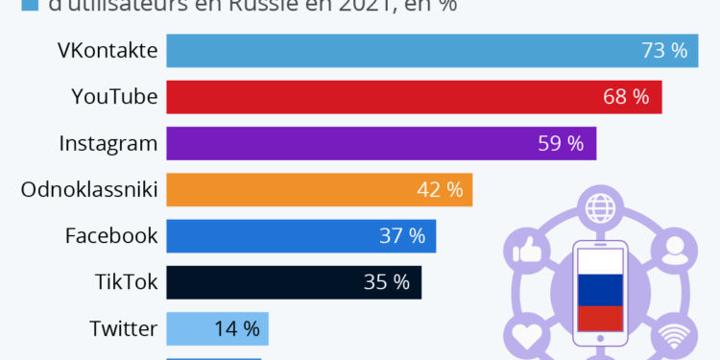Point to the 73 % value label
664,51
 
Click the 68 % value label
626,97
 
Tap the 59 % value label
561,143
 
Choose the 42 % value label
440,189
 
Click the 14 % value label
236,328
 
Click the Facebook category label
110,235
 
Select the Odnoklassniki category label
88,189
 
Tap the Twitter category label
123,328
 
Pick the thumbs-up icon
523,252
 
